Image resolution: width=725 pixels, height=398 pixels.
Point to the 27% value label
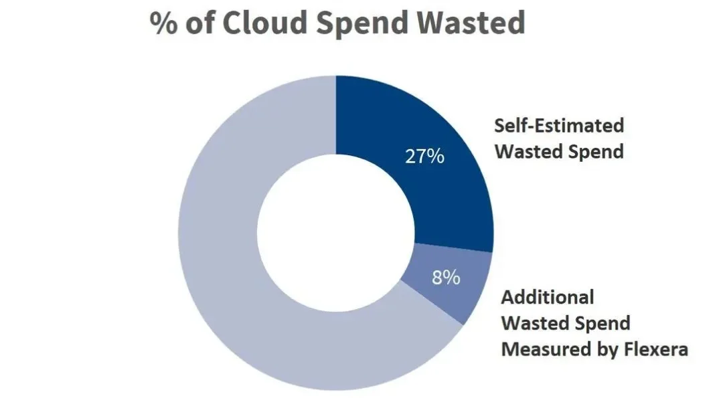pos(424,157)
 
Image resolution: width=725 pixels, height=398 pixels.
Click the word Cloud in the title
pos(264,23)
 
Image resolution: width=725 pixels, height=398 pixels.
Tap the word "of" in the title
pos(200,23)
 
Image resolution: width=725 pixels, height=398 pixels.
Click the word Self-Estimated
pos(559,125)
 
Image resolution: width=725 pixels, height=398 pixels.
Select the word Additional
pos(548,297)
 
